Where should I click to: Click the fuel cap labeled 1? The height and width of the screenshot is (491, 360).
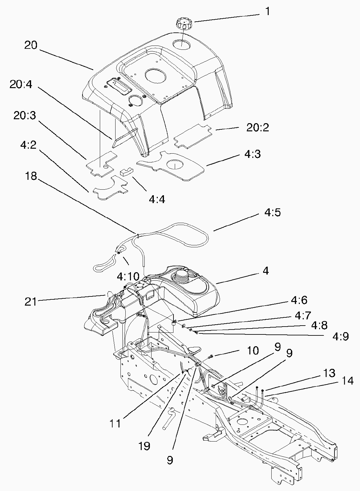pos(184,24)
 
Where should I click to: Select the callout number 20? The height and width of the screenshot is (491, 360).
pos(31,45)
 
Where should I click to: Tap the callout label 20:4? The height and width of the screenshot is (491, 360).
pos(21,85)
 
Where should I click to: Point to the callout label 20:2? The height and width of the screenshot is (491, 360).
pos(258,128)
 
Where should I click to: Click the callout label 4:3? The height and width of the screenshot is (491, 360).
pos(252,154)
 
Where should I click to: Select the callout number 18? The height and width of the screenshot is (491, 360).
pos(31,176)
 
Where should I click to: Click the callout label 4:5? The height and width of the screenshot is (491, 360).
pos(272,213)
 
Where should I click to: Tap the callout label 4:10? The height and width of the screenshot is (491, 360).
pos(128,277)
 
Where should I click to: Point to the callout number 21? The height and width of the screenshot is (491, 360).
pos(31,302)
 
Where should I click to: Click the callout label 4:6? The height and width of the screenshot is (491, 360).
pos(298,300)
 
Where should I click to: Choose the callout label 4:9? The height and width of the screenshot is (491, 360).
pos(341,337)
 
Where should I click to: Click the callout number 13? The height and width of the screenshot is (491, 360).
pos(329,373)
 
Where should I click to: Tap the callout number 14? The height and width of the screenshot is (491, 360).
pos(348,381)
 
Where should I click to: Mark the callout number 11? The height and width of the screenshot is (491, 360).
pos(116,424)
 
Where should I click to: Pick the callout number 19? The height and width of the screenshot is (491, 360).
pos(144,446)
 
